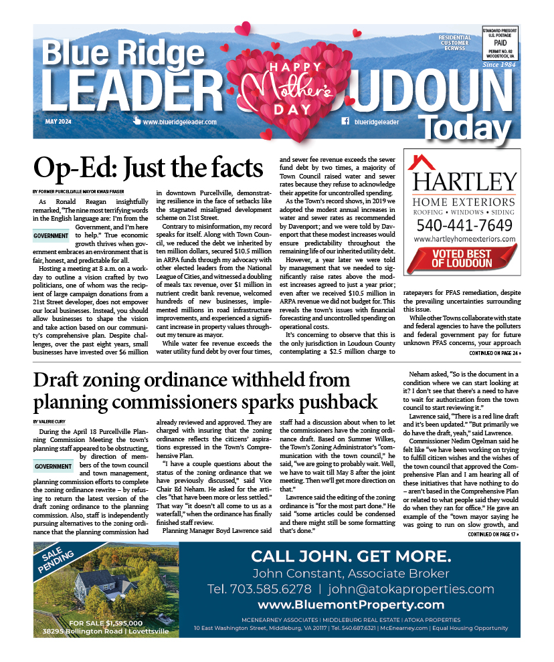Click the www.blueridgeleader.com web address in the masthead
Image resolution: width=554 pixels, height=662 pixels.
pos(179,122)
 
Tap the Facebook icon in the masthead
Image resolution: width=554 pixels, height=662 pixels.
pos(345,122)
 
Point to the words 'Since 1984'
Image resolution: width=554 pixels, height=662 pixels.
pos(500,65)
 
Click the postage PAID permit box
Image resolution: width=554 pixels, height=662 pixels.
pos(500,42)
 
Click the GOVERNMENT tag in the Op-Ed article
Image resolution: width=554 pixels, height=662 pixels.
pos(52,235)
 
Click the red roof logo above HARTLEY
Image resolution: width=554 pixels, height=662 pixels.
pos(422,162)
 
